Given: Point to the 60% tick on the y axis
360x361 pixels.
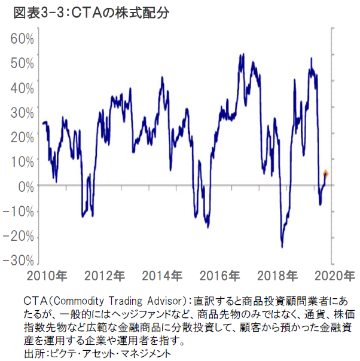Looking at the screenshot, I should (x=22, y=39).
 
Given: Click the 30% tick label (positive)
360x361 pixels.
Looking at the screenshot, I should (x=22, y=112).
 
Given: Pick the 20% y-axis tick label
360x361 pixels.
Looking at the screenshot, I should (x=22, y=137).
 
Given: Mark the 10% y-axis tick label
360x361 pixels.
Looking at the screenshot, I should (x=22, y=161).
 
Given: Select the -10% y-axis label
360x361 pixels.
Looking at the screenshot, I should (x=19, y=212).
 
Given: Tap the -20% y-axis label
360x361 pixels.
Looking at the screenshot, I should (x=19, y=236).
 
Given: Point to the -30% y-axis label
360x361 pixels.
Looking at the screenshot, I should (x=19, y=261).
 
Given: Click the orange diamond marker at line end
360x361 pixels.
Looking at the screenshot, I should (x=326, y=174).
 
